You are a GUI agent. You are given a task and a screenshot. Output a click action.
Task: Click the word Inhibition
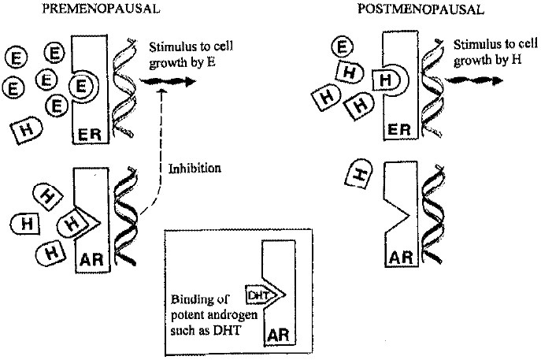[195, 168]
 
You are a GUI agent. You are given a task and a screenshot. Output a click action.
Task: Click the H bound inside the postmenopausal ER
[386, 80]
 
